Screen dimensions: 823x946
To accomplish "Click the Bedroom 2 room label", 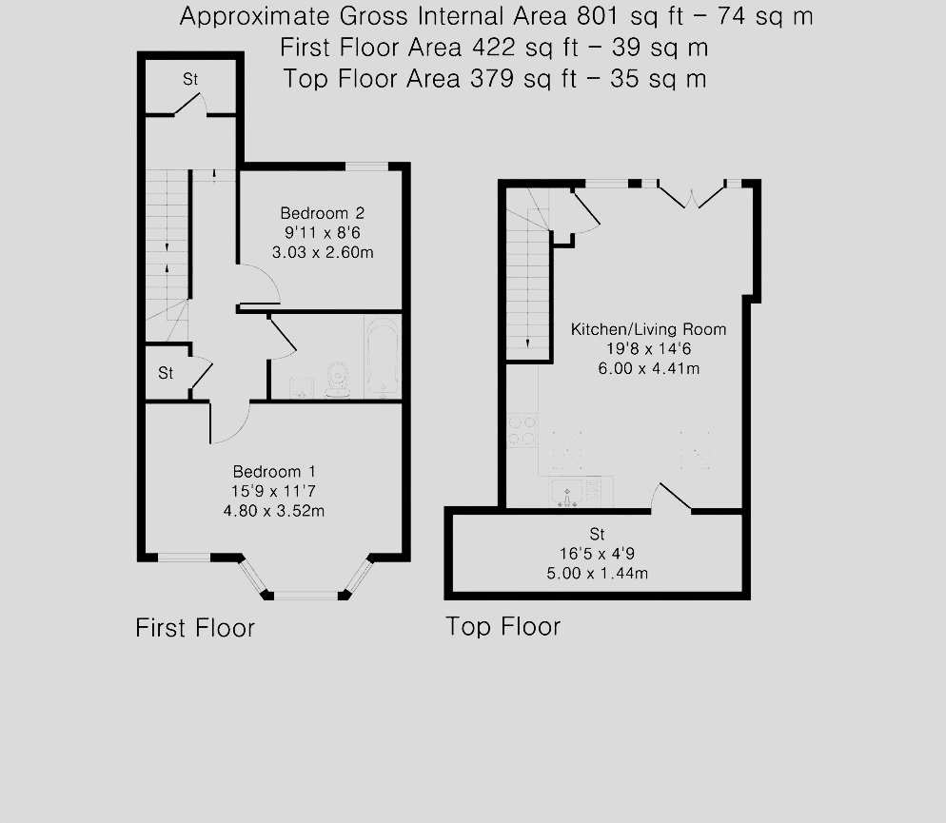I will pos(322,213).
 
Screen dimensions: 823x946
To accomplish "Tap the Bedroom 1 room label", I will pos(275,472).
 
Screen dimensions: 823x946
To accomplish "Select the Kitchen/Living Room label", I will pos(648,329).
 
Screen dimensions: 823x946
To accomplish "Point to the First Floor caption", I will pos(195,628).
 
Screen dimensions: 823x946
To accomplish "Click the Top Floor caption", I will pos(503,626).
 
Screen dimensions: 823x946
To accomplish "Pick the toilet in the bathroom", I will pos(337,379).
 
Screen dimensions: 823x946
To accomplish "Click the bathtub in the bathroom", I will pos(382,357).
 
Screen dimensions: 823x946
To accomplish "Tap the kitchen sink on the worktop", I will pos(567,492).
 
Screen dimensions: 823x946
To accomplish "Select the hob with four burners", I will pos(522,430).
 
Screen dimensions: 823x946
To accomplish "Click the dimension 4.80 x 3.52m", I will pos(275,511).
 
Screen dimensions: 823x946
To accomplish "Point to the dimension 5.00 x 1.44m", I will pos(597,573).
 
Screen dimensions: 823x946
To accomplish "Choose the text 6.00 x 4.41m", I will pos(648,368).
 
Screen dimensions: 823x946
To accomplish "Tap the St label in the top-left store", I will pos(190,81).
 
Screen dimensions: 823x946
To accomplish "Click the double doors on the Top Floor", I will pos(692,193).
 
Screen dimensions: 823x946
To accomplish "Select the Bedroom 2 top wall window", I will pos(366,167).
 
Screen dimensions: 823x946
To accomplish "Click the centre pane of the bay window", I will pos(305,596).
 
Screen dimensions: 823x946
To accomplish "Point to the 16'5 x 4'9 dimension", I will pos(597,554).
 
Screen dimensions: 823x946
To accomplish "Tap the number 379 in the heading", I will pos(490,79).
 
